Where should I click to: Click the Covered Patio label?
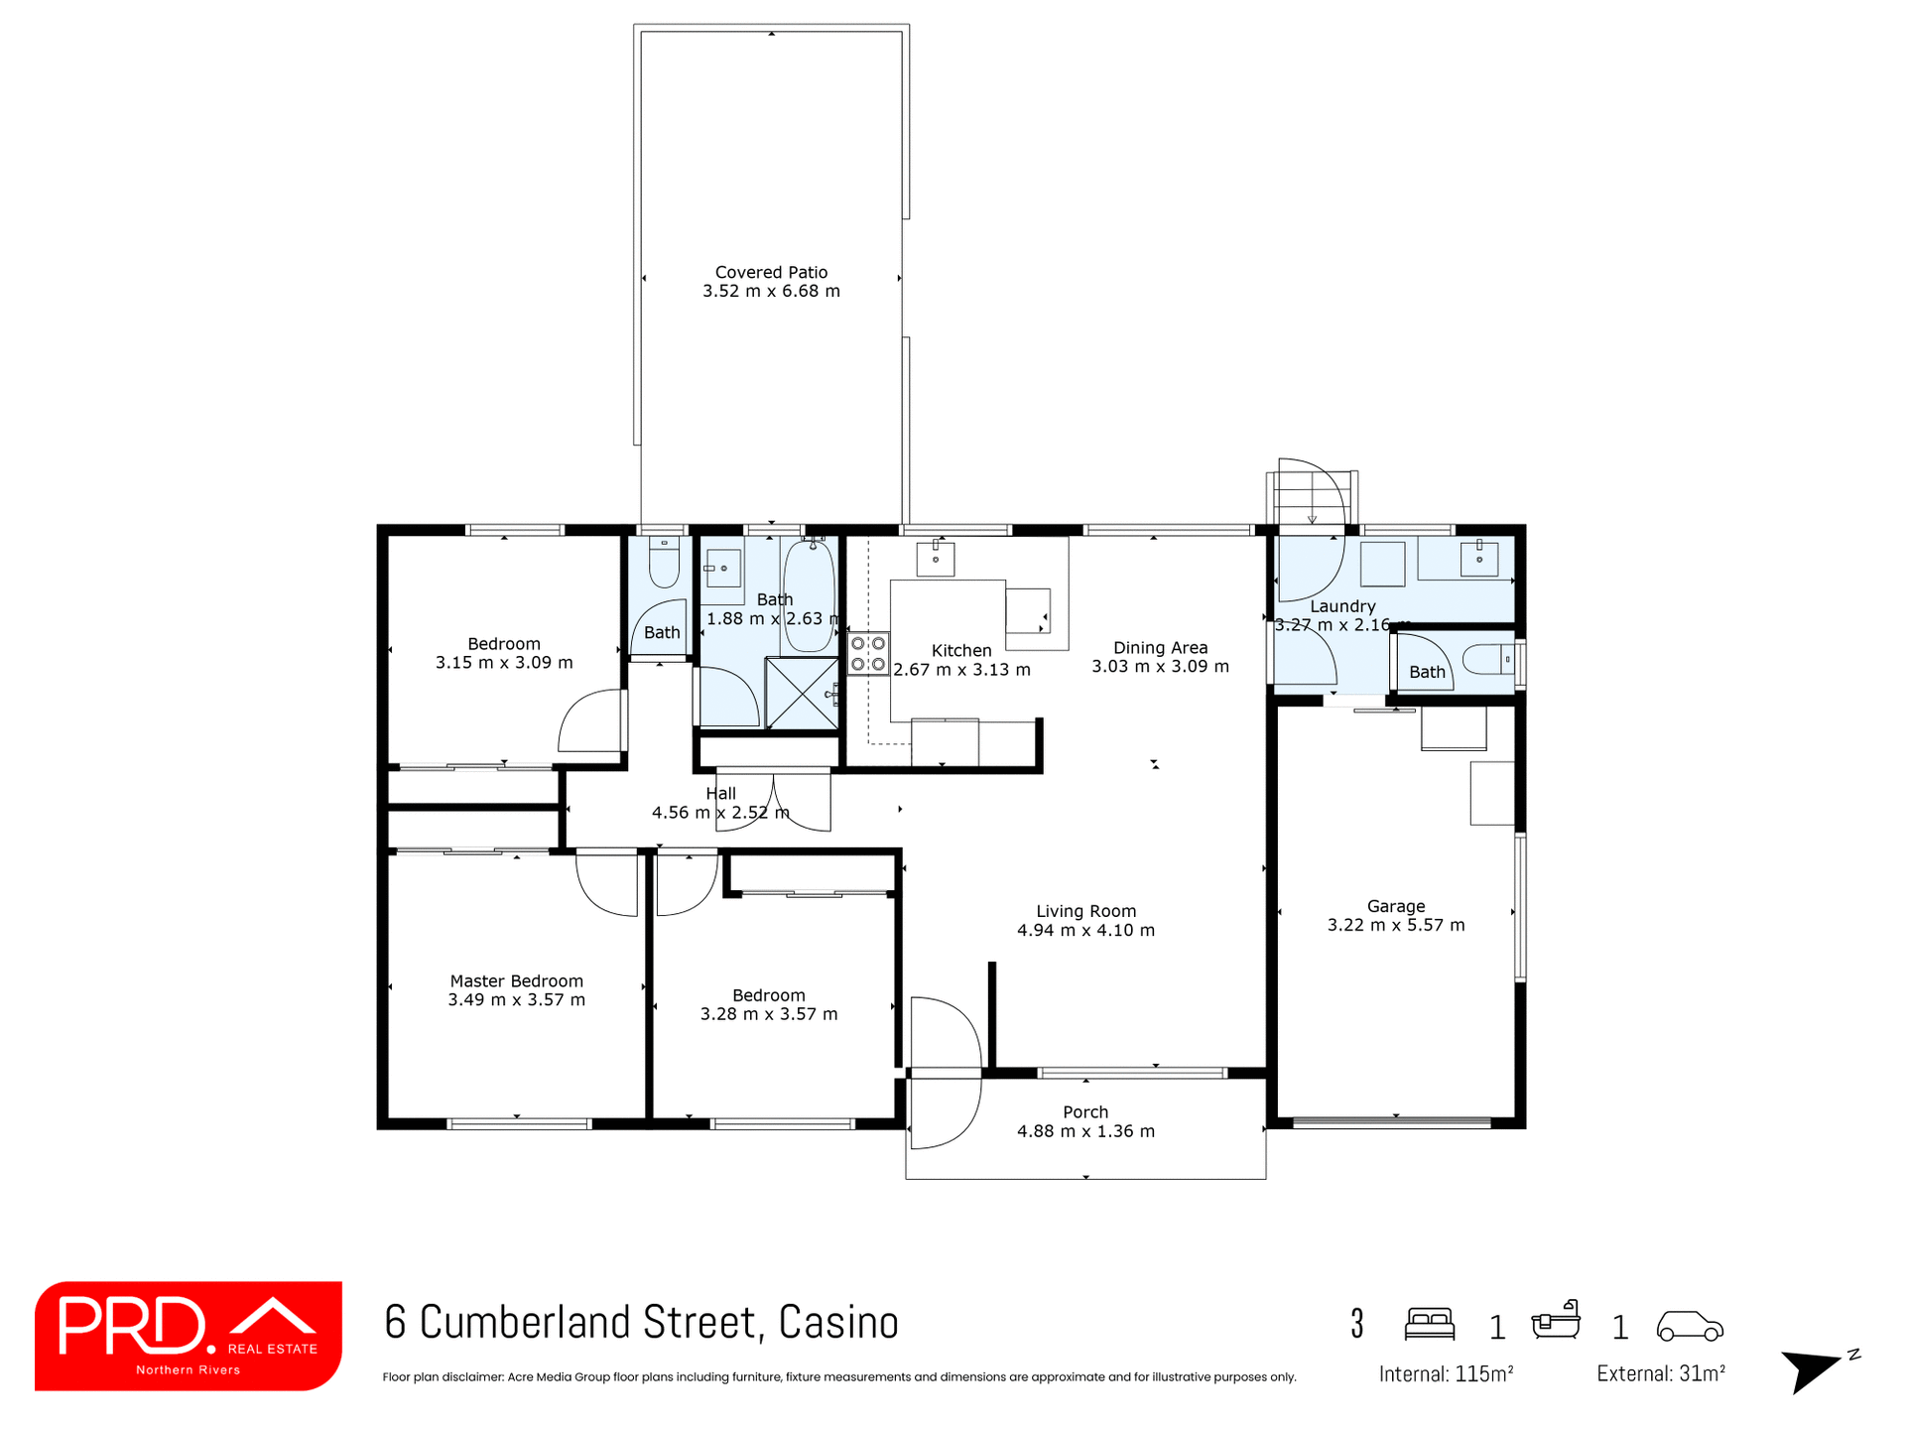click(x=771, y=272)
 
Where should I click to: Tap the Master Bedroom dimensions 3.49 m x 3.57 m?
click(x=516, y=999)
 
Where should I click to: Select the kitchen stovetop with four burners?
click(x=868, y=654)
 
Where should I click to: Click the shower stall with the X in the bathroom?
click(x=802, y=693)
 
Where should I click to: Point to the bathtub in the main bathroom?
click(x=809, y=595)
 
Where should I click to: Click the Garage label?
click(x=1395, y=906)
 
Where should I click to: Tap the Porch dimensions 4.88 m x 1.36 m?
click(x=1085, y=1131)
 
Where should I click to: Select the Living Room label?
click(x=1085, y=911)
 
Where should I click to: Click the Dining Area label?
click(x=1160, y=648)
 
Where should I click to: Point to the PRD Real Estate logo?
click(x=189, y=1335)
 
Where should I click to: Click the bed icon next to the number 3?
click(x=1429, y=1324)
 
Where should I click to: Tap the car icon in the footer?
click(x=1689, y=1326)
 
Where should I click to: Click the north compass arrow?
click(x=1810, y=1369)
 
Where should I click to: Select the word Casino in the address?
click(x=838, y=1323)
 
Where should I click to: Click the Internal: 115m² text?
click(x=1445, y=1374)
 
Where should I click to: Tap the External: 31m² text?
click(x=1660, y=1374)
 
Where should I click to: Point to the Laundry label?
click(x=1342, y=606)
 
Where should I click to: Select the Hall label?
click(x=720, y=793)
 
